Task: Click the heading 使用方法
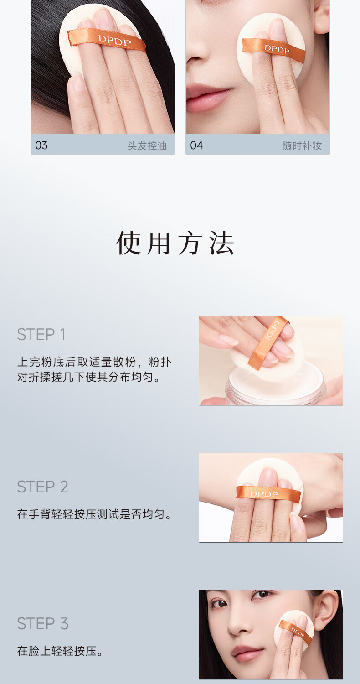[175, 243]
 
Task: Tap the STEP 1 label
[41, 334]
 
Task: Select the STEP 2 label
[42, 487]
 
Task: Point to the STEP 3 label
[43, 623]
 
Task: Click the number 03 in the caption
[41, 145]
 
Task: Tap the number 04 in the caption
[196, 145]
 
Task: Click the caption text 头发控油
[147, 145]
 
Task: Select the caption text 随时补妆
[302, 145]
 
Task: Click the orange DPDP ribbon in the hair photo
[107, 39]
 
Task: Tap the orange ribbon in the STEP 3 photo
[296, 631]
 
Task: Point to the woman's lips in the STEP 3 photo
[246, 653]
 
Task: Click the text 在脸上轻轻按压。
[60, 651]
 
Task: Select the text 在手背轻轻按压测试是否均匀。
[95, 514]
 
